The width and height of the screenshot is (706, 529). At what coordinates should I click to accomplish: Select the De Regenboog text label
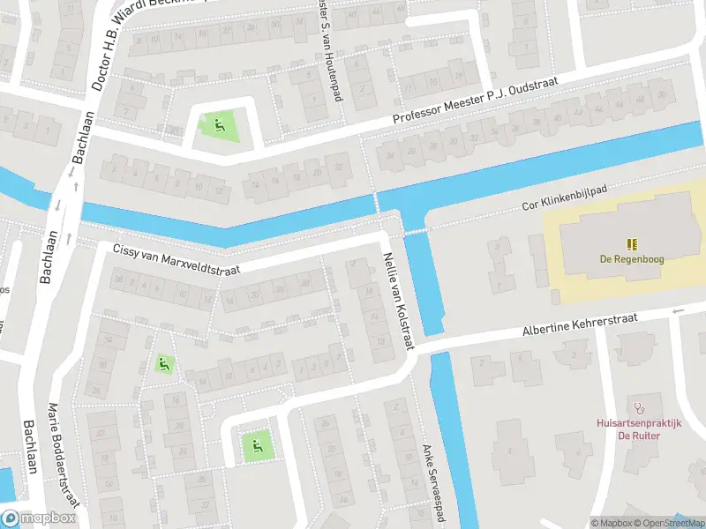631,259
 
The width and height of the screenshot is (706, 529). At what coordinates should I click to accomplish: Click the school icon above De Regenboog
631,244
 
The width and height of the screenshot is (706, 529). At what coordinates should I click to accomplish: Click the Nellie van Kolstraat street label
396,301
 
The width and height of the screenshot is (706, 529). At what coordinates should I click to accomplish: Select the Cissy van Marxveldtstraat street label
176,260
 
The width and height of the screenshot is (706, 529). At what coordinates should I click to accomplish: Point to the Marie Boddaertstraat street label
65,454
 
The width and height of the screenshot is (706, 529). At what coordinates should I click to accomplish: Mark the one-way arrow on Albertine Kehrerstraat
679,310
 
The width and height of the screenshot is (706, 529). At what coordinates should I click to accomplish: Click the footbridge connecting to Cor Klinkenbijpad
416,232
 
